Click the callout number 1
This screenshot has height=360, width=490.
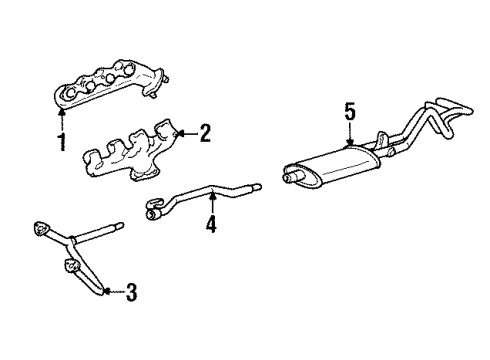click(62, 142)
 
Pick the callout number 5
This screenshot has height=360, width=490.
click(350, 112)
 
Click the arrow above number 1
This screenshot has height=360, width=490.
click(62, 118)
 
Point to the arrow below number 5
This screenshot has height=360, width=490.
click(350, 138)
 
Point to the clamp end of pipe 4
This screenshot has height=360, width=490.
click(153, 210)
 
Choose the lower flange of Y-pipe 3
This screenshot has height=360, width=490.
click(72, 265)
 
